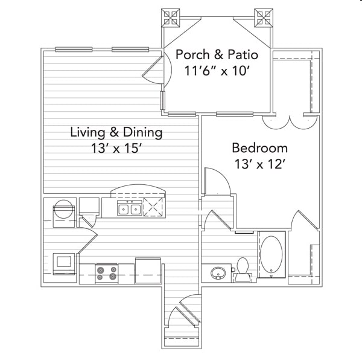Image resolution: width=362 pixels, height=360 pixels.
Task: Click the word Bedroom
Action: coord(259,148)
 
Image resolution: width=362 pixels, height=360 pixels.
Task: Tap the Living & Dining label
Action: coord(116,132)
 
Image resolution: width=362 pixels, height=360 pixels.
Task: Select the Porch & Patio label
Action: coord(217,54)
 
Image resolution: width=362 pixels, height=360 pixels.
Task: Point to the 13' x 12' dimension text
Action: coord(259,164)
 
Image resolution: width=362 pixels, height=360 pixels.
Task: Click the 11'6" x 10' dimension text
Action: coord(217,71)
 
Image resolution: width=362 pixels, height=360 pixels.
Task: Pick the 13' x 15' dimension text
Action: coord(116,148)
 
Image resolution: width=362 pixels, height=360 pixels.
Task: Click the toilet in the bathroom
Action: coord(243,269)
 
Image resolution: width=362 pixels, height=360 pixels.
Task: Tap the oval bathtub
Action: coord(271,254)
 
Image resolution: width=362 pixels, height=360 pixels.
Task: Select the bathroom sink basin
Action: coord(218,273)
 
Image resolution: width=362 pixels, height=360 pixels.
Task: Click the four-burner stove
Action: coord(106,274)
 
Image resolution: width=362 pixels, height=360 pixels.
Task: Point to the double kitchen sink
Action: coord(130,208)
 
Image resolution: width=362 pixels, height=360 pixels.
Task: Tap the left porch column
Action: coord(170,18)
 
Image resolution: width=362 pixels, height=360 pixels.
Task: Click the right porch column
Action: coord(264,18)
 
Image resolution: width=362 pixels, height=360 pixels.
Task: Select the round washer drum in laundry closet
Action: coord(64,209)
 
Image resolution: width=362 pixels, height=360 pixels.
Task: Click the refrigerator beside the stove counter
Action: coord(148,271)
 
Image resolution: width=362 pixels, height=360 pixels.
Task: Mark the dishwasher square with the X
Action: coord(153,207)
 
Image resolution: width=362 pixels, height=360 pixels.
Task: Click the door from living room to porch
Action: coord(157,69)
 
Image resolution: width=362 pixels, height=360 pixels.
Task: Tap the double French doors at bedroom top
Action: coord(290,122)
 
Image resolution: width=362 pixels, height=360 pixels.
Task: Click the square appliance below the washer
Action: coord(64,263)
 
